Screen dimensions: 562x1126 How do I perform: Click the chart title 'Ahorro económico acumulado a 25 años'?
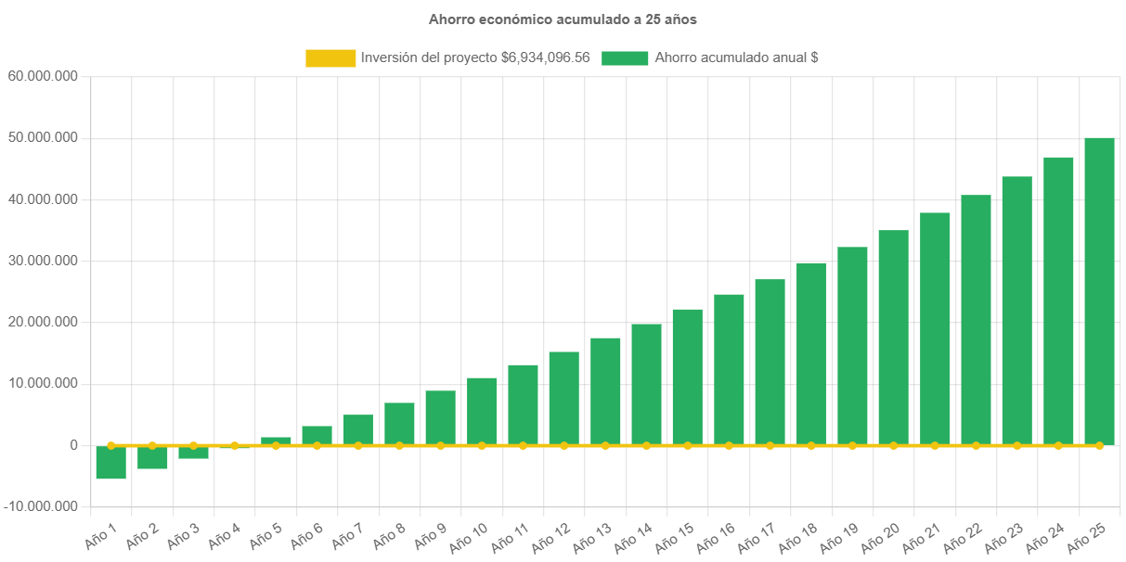coord(563,19)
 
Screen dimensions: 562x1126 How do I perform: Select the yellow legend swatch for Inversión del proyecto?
coord(330,57)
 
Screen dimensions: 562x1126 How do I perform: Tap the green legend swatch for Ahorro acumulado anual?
coord(625,57)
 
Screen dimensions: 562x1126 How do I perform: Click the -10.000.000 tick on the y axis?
coord(43,506)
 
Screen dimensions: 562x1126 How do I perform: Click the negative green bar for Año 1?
coord(111,462)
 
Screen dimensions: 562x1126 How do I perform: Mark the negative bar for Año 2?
coord(152,457)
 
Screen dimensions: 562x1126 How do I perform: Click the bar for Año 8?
coord(399,423)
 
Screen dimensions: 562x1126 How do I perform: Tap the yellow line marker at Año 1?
coord(111,445)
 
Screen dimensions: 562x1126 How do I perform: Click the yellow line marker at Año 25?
coord(1099,446)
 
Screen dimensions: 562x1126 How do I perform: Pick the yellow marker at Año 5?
coord(276,445)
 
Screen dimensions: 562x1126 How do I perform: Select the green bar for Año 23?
coord(1016,310)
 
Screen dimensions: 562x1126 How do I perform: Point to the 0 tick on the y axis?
coord(72,445)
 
